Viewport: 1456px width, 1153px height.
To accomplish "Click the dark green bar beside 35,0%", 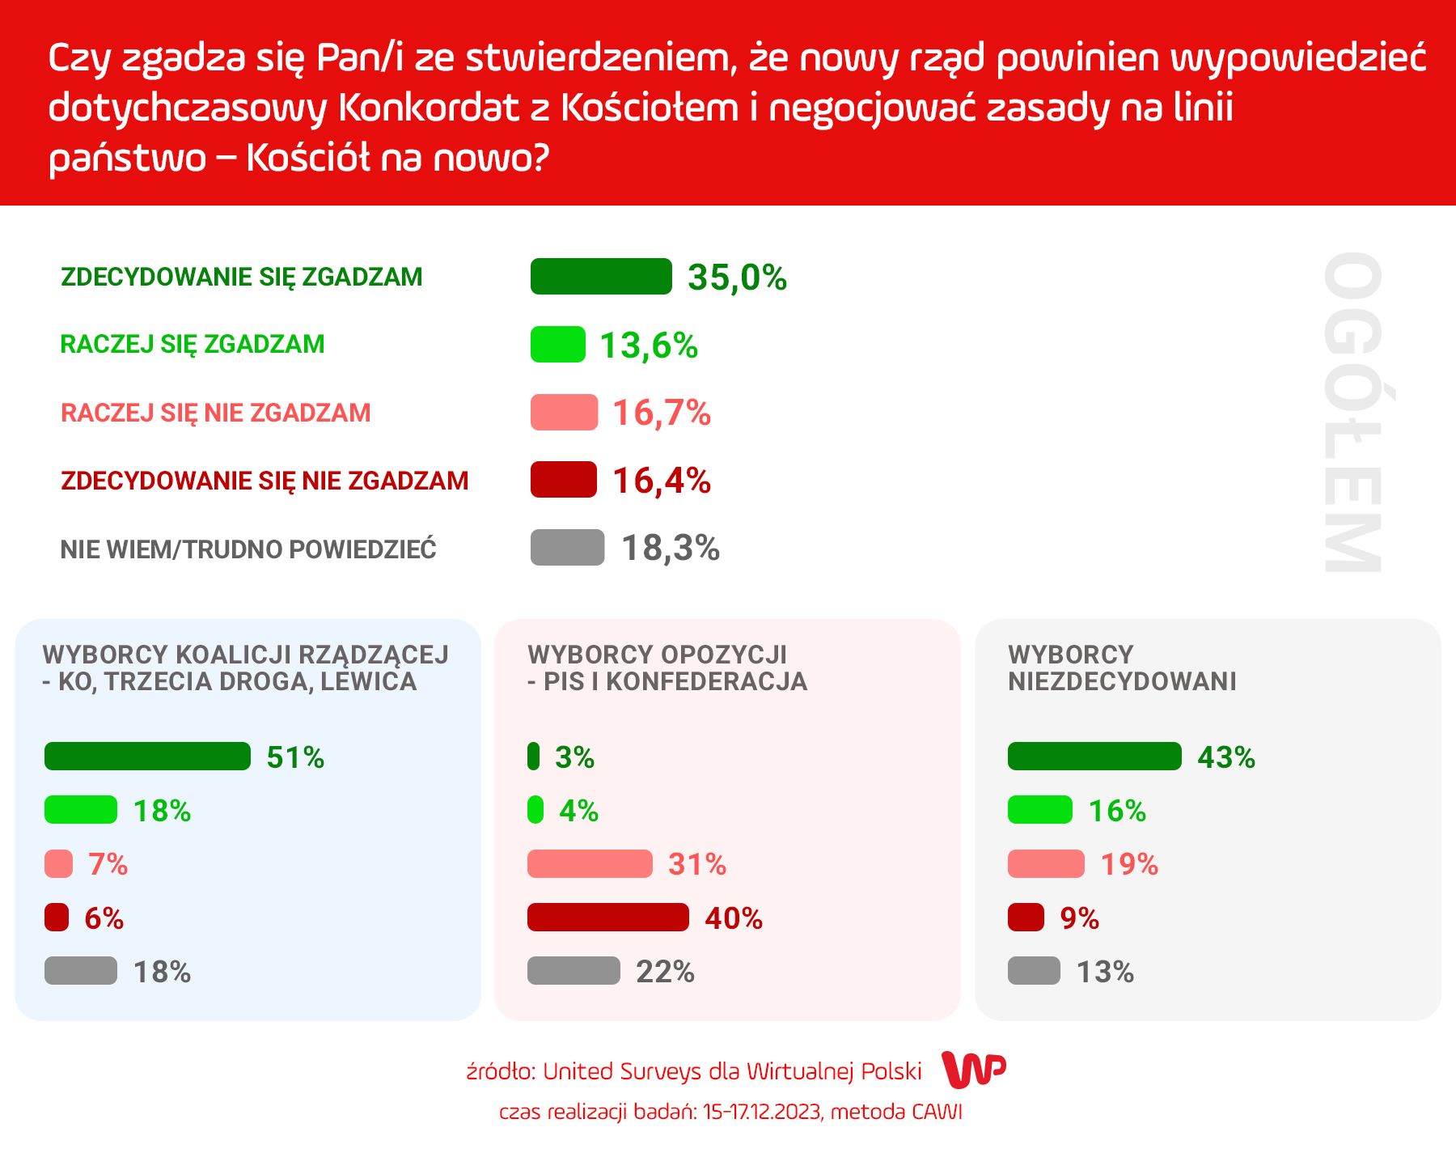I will pyautogui.click(x=601, y=277).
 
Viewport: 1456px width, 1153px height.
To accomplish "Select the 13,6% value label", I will pyautogui.click(x=649, y=345).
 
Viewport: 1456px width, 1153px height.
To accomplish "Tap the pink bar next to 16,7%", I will pyautogui.click(x=564, y=413).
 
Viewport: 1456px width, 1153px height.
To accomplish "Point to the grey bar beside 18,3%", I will pyautogui.click(x=567, y=548).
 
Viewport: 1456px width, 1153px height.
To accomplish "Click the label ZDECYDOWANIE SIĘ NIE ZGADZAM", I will pyautogui.click(x=265, y=481).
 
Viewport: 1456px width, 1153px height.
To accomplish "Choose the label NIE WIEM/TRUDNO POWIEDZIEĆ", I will pyautogui.click(x=248, y=549).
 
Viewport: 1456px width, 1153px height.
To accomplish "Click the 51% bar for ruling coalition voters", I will pyautogui.click(x=147, y=757).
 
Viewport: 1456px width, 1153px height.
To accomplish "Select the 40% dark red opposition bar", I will pyautogui.click(x=607, y=918).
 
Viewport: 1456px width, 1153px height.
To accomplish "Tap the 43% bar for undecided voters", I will pyautogui.click(x=1094, y=757).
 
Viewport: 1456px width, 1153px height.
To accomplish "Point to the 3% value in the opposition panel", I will pyautogui.click(x=574, y=757).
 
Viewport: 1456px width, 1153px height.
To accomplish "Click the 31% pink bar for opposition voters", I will pyautogui.click(x=590, y=864).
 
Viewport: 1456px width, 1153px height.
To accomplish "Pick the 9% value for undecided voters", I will pyautogui.click(x=1079, y=918).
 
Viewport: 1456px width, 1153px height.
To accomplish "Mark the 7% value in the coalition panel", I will pyautogui.click(x=108, y=864).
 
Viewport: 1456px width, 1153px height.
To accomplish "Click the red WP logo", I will pyautogui.click(x=975, y=1070).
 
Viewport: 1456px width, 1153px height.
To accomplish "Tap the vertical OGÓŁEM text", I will pyautogui.click(x=1352, y=413).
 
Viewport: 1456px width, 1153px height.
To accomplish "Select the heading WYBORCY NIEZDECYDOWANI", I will pyautogui.click(x=1122, y=668).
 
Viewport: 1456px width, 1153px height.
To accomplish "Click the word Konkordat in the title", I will pyautogui.click(x=428, y=108).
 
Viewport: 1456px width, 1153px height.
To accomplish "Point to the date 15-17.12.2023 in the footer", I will pyautogui.click(x=762, y=1113).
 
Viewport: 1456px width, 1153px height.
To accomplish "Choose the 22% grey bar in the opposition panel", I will pyautogui.click(x=574, y=971).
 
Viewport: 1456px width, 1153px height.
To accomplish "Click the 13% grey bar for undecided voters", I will pyautogui.click(x=1034, y=971).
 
